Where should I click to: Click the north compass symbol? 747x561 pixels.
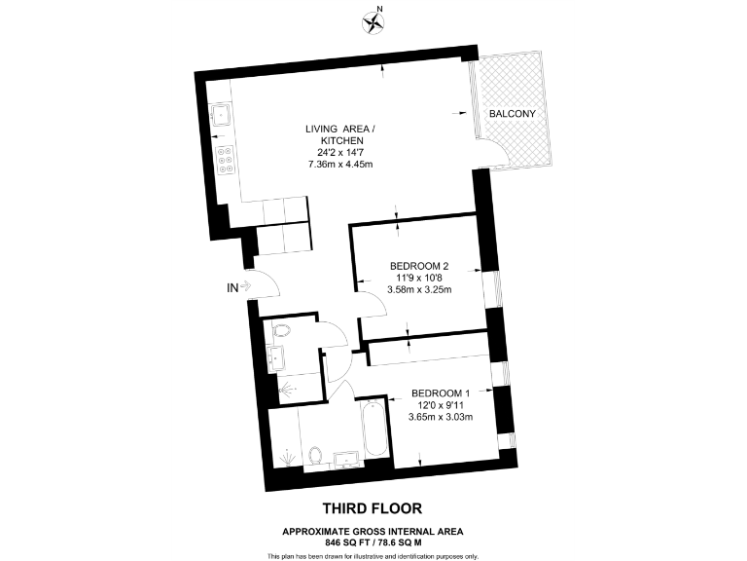(x=373, y=20)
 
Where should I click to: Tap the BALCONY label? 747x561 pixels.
(x=512, y=114)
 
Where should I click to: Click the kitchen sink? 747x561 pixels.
(x=221, y=114)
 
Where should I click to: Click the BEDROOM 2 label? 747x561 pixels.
(x=418, y=266)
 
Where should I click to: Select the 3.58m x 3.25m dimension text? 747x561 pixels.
(x=418, y=289)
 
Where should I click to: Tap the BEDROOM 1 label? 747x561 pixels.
(x=441, y=393)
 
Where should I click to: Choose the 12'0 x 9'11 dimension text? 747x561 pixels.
(x=441, y=405)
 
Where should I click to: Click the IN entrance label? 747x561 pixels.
(x=231, y=286)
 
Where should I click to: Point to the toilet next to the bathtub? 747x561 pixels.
(x=314, y=455)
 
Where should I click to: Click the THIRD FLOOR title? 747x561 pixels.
(x=373, y=508)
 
